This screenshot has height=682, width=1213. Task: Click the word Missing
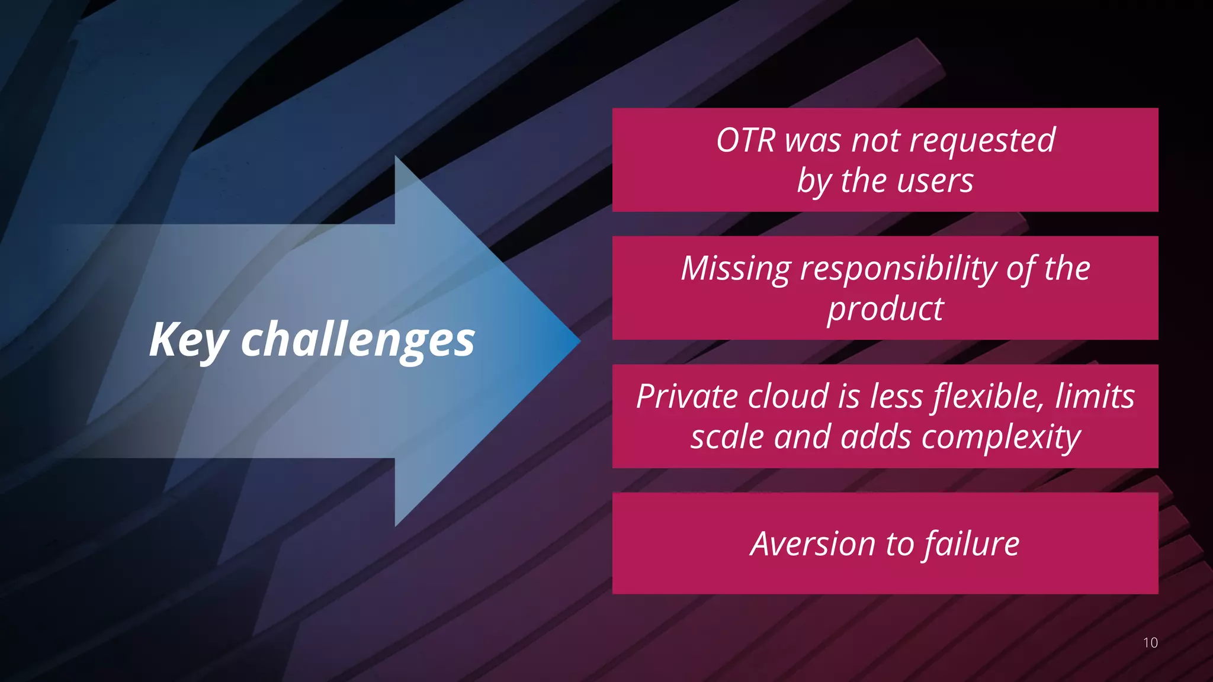point(736,269)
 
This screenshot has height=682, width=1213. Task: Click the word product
point(885,310)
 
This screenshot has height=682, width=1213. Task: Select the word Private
point(687,397)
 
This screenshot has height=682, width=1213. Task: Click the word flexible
point(989,397)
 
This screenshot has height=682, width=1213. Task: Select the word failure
point(971,544)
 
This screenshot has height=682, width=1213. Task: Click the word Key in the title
point(188,340)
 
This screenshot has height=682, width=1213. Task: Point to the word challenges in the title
point(358,340)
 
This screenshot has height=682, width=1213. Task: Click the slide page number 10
point(1150,643)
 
